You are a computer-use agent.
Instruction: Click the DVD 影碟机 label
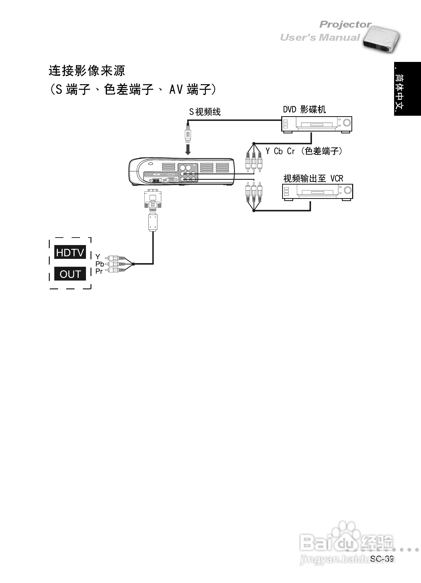pyautogui.click(x=304, y=110)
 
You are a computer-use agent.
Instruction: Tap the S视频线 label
pyautogui.click(x=205, y=112)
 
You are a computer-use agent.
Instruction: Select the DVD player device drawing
pyautogui.click(x=316, y=124)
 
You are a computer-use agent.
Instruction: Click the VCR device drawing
pyautogui.click(x=317, y=192)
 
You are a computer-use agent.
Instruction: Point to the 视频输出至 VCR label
pyautogui.click(x=313, y=178)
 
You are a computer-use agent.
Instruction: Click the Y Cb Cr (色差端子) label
pyautogui.click(x=304, y=151)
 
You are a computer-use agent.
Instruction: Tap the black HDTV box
pyautogui.click(x=70, y=252)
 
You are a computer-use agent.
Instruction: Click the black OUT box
pyautogui.click(x=70, y=274)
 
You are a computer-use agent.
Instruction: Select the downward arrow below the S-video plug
pyautogui.click(x=188, y=149)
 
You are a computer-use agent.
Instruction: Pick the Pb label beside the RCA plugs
pyautogui.click(x=100, y=264)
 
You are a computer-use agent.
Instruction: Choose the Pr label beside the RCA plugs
pyautogui.click(x=99, y=271)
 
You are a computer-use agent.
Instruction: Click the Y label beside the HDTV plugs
pyautogui.click(x=98, y=256)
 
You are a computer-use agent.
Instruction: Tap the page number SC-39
pyautogui.click(x=382, y=558)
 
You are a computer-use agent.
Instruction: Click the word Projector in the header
pyautogui.click(x=345, y=25)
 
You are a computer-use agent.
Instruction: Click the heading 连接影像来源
pyautogui.click(x=87, y=71)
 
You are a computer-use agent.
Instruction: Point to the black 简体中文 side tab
pyautogui.click(x=407, y=89)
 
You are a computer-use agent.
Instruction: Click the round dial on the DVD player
pyautogui.click(x=347, y=123)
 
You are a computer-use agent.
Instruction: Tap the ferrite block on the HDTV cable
pyautogui.click(x=153, y=222)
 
